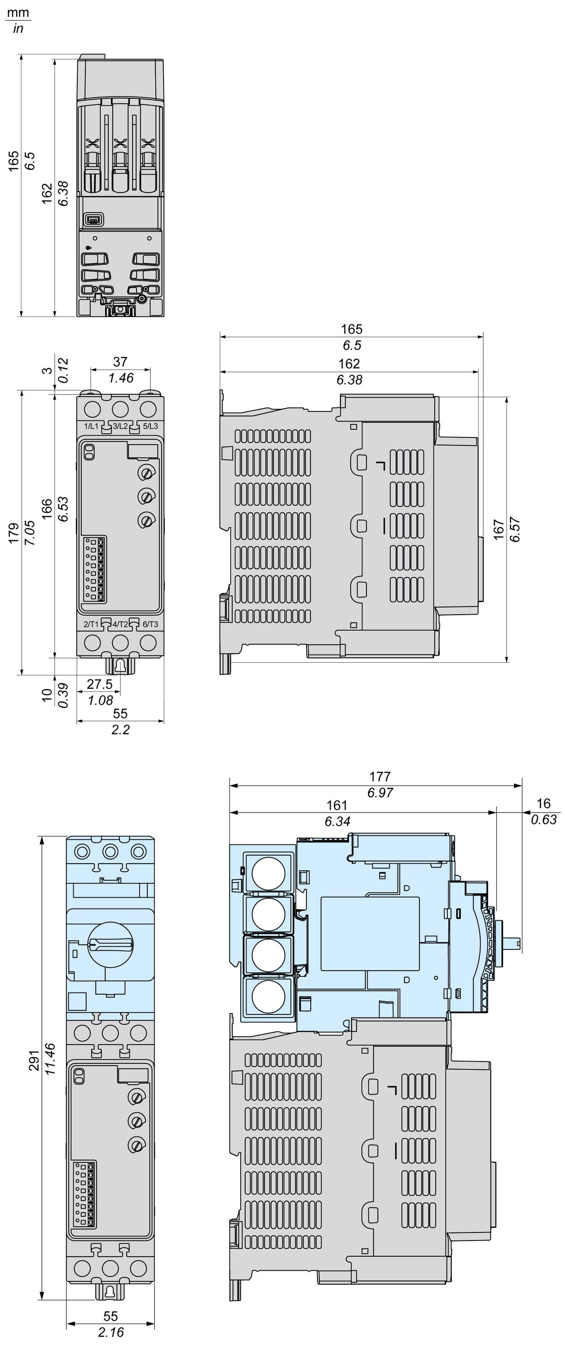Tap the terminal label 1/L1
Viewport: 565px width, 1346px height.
pyautogui.click(x=91, y=426)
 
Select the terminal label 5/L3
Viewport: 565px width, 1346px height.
pyautogui.click(x=150, y=426)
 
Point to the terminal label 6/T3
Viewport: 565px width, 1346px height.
pyautogui.click(x=150, y=625)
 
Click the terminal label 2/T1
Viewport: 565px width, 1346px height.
pyautogui.click(x=91, y=625)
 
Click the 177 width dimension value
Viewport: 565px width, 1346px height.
pyautogui.click(x=380, y=777)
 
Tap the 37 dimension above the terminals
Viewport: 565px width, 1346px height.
pyautogui.click(x=120, y=362)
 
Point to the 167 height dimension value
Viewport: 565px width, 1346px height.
pyautogui.click(x=499, y=530)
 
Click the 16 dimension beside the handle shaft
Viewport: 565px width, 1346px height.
pyautogui.click(x=543, y=804)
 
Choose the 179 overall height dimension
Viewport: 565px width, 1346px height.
pyautogui.click(x=13, y=533)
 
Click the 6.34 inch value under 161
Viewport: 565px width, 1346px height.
pyautogui.click(x=337, y=822)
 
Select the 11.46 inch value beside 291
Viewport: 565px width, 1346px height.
pyautogui.click(x=51, y=1061)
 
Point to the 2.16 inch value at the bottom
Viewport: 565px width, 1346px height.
pyautogui.click(x=111, y=1332)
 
